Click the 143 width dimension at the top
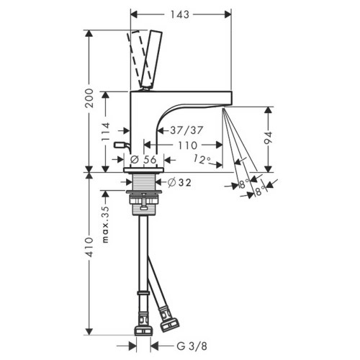(180, 12)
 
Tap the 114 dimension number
(106, 131)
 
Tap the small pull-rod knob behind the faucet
(120, 146)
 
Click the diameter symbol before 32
(171, 182)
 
